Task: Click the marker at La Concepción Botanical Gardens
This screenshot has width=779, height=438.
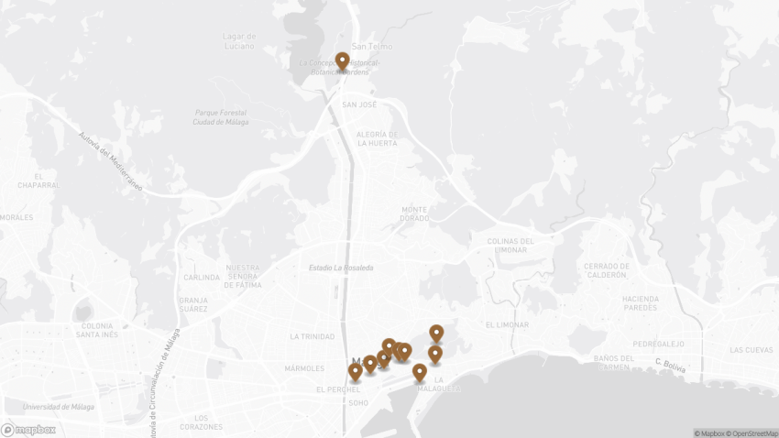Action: click(342, 61)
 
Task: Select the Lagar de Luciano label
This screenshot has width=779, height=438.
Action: click(239, 41)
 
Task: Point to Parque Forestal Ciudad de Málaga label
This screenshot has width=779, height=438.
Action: click(221, 117)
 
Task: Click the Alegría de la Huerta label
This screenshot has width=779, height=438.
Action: click(377, 138)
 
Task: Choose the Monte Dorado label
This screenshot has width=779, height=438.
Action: click(414, 214)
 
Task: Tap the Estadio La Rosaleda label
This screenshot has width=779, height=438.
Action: click(341, 268)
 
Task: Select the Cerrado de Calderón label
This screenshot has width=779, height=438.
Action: click(606, 270)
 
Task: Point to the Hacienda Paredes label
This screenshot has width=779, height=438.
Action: click(640, 303)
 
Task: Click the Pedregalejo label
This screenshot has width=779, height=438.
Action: click(658, 344)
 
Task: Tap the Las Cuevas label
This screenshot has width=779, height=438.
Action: click(751, 350)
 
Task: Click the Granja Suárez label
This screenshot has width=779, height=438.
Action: click(193, 304)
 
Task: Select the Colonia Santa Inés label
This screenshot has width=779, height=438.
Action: click(97, 330)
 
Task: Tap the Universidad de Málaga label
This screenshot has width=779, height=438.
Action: click(59, 407)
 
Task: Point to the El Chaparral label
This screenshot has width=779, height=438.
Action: click(38, 180)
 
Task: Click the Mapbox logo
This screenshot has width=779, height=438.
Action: click(28, 429)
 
